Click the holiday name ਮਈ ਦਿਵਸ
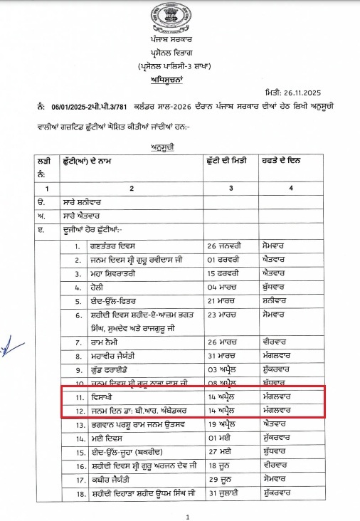click(x=105, y=436)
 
